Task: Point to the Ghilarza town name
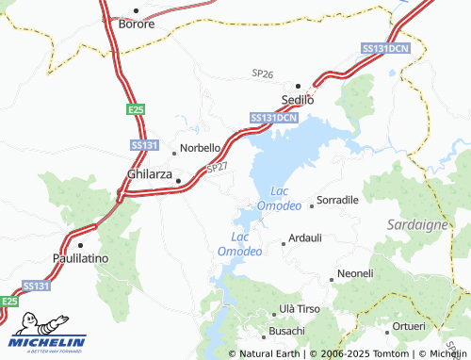pyautogui.click(x=150, y=174)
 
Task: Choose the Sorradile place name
pyautogui.click(x=337, y=201)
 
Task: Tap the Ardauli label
pyautogui.click(x=305, y=238)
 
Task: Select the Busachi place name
pyautogui.click(x=287, y=331)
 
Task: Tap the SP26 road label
pyautogui.click(x=262, y=73)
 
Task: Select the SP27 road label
pyautogui.click(x=217, y=167)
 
